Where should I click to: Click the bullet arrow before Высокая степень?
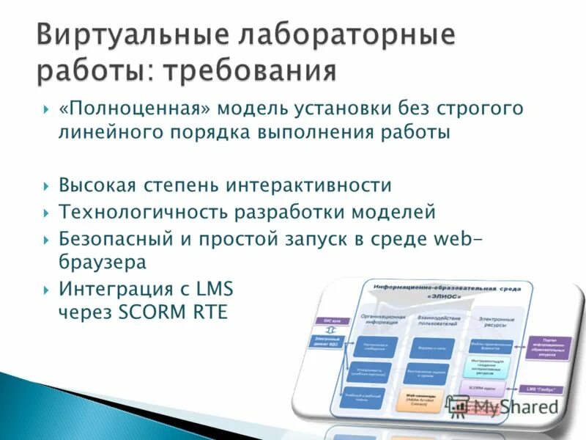(46, 186)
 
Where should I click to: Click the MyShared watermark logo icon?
(459, 405)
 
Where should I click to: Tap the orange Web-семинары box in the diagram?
(420, 399)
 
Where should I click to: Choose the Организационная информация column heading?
(382, 316)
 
